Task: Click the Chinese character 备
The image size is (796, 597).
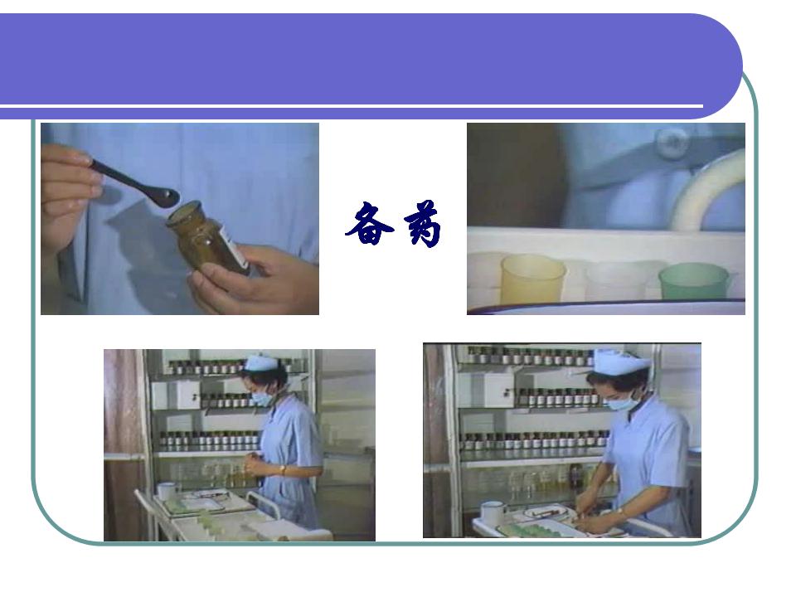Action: [369, 223]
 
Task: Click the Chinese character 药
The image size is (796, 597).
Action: [422, 224]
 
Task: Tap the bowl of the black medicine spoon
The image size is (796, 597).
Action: [167, 197]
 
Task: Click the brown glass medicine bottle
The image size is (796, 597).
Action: [208, 238]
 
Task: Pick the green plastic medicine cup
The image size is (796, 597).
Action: [695, 281]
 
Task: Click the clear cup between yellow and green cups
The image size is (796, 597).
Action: [615, 281]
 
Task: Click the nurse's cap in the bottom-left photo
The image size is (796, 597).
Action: [261, 362]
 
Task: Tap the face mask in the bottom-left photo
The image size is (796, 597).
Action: [263, 397]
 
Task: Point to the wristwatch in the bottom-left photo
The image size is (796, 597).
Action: [282, 469]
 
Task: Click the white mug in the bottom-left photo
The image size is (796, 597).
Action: [167, 490]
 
